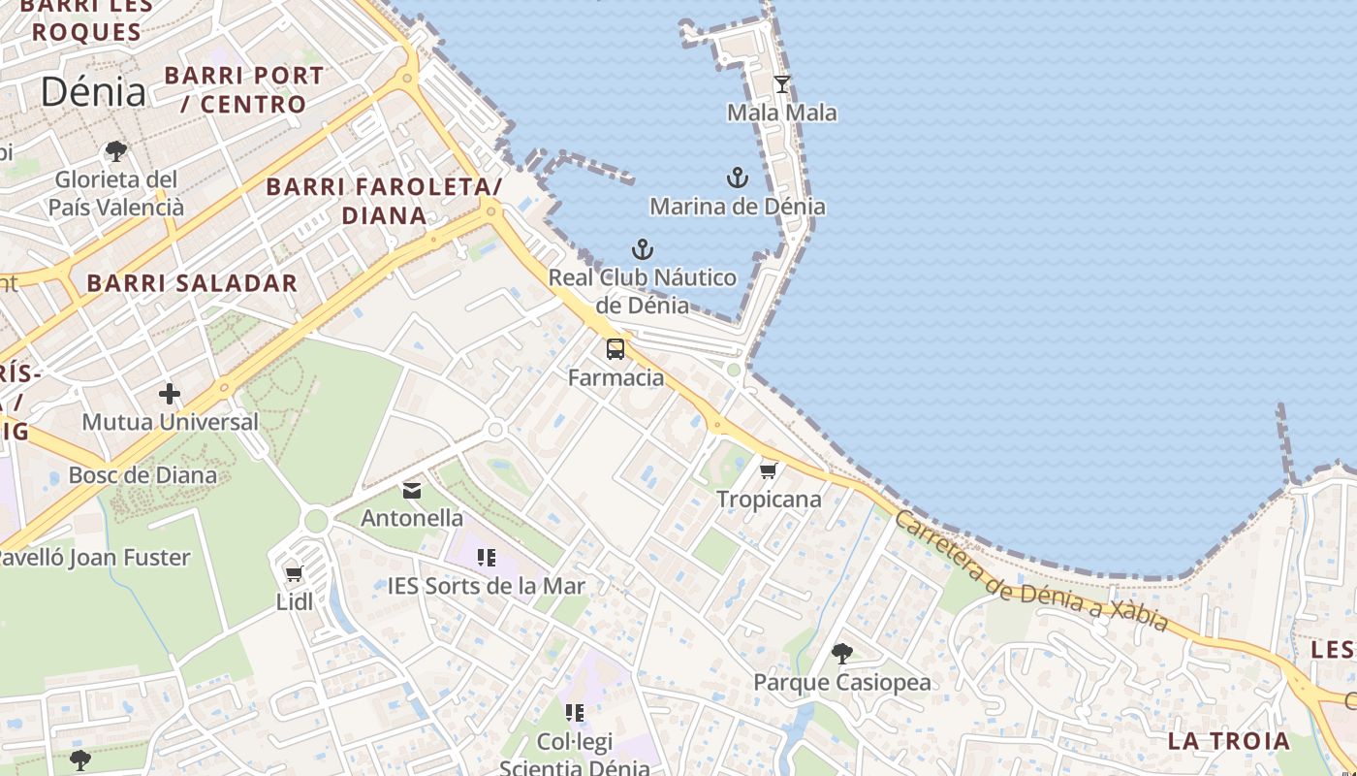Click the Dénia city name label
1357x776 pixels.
click(x=93, y=92)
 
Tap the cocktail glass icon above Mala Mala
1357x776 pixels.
click(x=782, y=84)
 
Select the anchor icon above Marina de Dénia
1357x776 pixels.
click(x=738, y=178)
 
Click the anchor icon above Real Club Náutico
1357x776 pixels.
click(x=642, y=249)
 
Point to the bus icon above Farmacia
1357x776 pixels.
click(x=615, y=349)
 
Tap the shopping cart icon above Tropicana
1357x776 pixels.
click(x=769, y=471)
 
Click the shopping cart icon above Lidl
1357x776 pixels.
click(x=295, y=573)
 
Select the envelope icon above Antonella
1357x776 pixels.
click(x=412, y=490)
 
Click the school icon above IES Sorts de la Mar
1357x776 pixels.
click(x=487, y=558)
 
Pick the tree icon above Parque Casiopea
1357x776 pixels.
click(x=842, y=654)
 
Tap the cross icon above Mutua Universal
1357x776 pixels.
click(x=170, y=394)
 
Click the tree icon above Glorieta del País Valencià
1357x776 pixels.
click(x=116, y=151)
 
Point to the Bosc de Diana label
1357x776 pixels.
click(x=142, y=475)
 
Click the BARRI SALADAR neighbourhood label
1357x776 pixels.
click(x=192, y=283)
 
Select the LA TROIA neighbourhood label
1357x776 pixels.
click(x=1229, y=741)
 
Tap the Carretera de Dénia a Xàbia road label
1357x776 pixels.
click(x=1031, y=572)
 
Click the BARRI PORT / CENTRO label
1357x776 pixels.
click(x=244, y=89)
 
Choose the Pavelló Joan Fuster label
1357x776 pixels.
click(x=93, y=558)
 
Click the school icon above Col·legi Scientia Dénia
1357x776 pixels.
click(x=575, y=713)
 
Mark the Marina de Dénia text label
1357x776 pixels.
click(x=738, y=206)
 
